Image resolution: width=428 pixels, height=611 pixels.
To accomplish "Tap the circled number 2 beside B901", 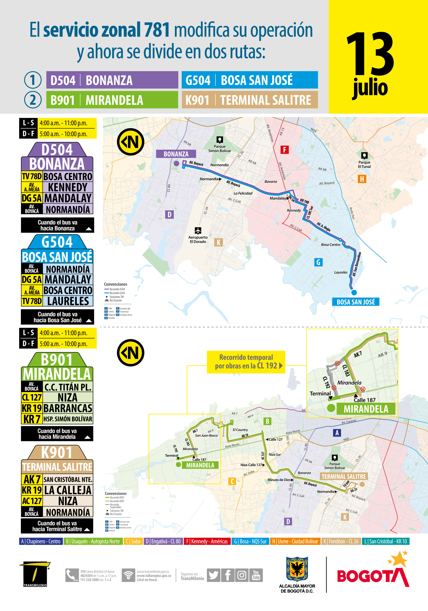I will coord(33,100).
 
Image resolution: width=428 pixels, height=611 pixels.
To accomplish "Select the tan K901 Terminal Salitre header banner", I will coord(250,100).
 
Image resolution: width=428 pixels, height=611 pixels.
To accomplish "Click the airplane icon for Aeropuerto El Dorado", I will coord(198,230).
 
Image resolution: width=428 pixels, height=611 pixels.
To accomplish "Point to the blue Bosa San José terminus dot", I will coord(354,293).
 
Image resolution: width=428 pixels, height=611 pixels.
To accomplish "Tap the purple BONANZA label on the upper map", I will coord(176,154).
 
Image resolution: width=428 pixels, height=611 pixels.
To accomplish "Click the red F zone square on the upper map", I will coord(285,150).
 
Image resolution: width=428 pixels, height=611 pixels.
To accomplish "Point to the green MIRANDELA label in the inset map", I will coord(366,409).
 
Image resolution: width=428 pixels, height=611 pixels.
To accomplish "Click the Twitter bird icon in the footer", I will coord(213,575).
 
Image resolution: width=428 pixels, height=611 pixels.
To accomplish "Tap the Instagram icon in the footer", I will coord(242,575).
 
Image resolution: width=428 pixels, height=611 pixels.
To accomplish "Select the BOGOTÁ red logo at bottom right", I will coord(373,575).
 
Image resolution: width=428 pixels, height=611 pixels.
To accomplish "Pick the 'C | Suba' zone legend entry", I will coord(133,541).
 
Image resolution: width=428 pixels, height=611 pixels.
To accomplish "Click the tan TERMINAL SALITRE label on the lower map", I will coord(344,476).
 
